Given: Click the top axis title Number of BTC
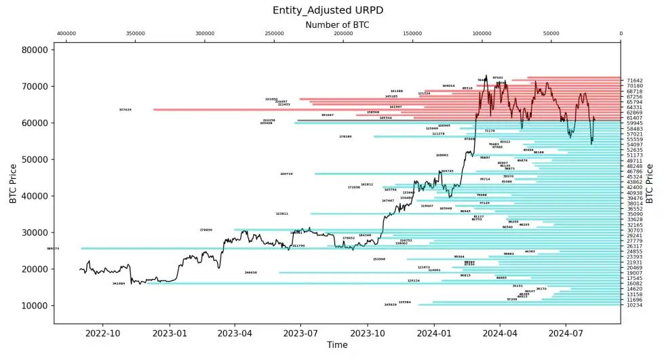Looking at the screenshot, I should pyautogui.click(x=337, y=24).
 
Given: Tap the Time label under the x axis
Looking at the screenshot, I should pyautogui.click(x=337, y=345).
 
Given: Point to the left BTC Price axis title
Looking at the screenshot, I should pyautogui.click(x=13, y=183).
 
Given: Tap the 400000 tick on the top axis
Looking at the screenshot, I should pyautogui.click(x=66, y=33).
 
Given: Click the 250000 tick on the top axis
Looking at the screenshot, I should pyautogui.click(x=274, y=33).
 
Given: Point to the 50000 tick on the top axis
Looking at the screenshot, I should pyautogui.click(x=551, y=33).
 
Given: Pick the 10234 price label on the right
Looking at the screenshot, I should pyautogui.click(x=635, y=305).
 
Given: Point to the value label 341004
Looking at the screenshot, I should pyautogui.click(x=119, y=283).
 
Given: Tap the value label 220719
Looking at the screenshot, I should pyautogui.click(x=286, y=174).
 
